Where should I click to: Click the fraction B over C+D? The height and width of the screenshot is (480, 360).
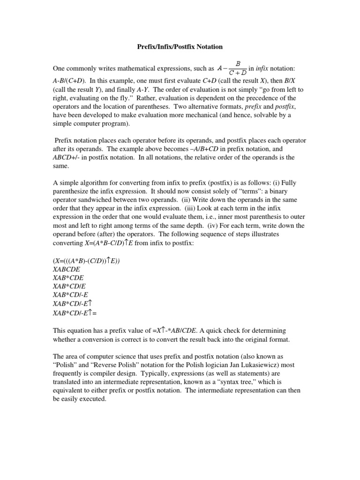[238, 68]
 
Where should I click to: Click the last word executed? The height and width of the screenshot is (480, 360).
[93, 399]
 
